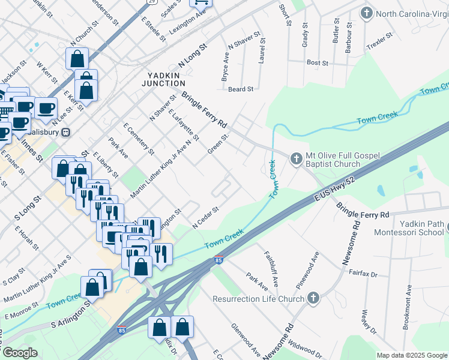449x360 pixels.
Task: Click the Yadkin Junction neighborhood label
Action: (x=163, y=79)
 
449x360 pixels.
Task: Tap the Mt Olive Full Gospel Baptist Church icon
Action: (x=295, y=159)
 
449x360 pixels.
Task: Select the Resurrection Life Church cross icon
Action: (x=313, y=298)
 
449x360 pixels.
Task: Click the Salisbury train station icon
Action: (x=67, y=132)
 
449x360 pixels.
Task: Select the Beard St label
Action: (x=241, y=89)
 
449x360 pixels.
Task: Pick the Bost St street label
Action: (x=317, y=62)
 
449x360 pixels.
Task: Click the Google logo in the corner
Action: (x=20, y=353)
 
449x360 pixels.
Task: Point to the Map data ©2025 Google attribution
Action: (x=411, y=355)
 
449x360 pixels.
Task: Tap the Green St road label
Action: (x=218, y=143)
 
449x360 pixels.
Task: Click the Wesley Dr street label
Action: (x=368, y=322)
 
